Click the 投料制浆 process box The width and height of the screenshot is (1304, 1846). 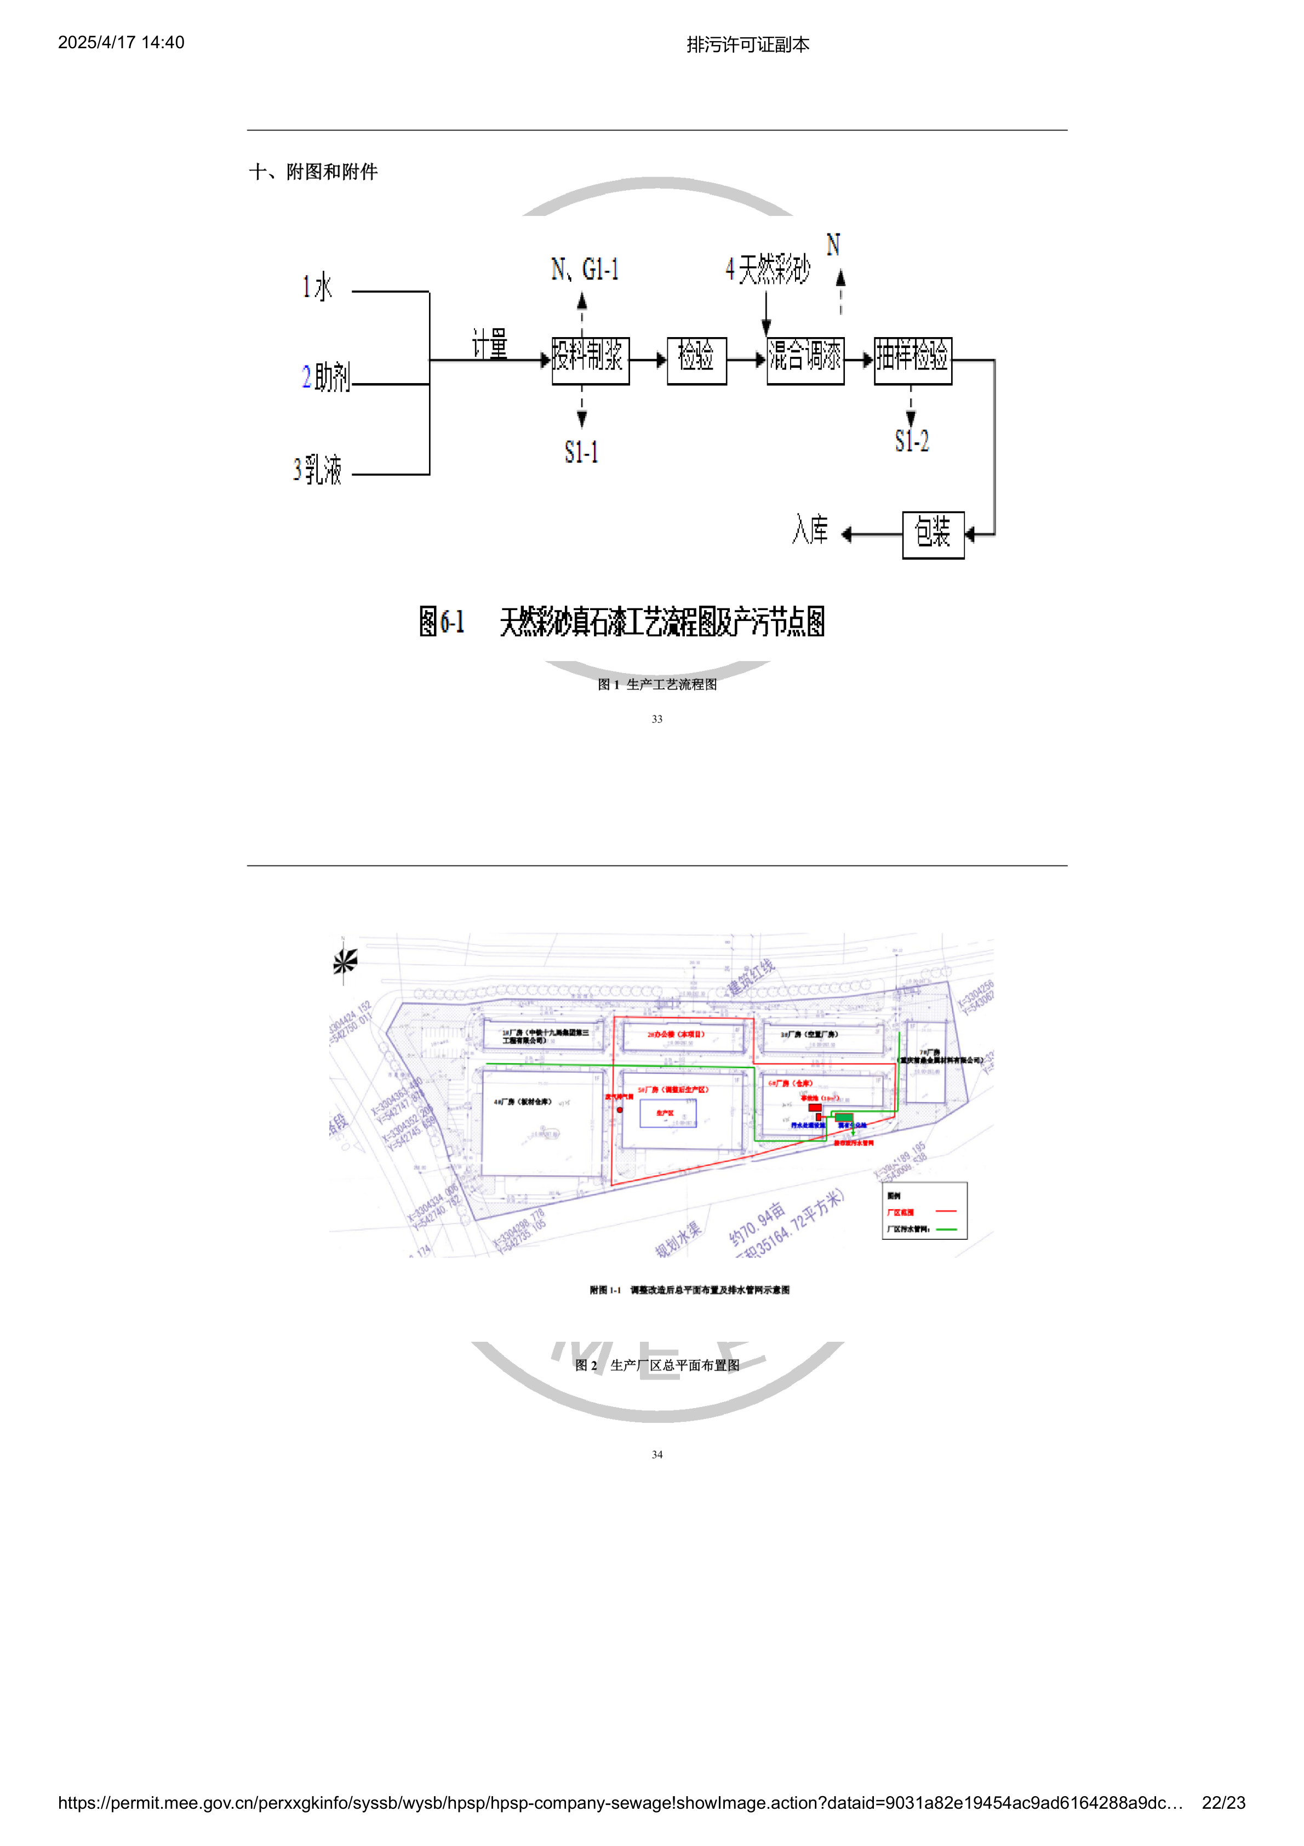coord(590,360)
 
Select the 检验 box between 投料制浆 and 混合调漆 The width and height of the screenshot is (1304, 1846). coord(696,360)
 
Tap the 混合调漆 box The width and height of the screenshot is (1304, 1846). coord(805,360)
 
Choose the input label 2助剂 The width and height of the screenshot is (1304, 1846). coord(325,377)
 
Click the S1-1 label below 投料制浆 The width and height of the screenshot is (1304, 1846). coord(581,452)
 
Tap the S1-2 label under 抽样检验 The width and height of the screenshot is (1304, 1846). coord(912,441)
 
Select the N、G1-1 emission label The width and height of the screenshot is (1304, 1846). coord(585,269)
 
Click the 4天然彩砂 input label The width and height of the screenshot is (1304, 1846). coord(767,269)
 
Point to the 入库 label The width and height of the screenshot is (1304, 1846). coord(810,530)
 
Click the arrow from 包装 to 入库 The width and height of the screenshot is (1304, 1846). coord(872,534)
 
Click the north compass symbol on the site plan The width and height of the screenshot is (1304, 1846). coord(345,961)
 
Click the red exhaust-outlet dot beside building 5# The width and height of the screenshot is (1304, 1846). coord(620,1110)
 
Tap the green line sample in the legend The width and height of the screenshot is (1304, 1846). coord(946,1228)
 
